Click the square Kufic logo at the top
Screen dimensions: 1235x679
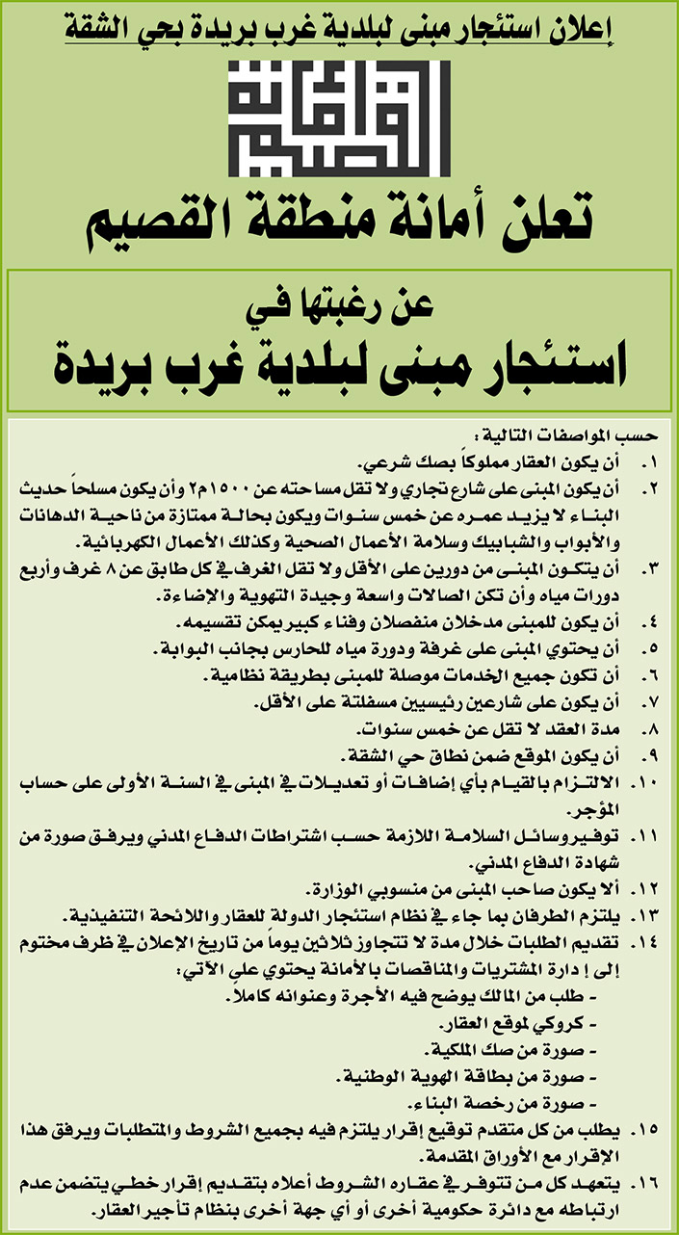click(340, 121)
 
